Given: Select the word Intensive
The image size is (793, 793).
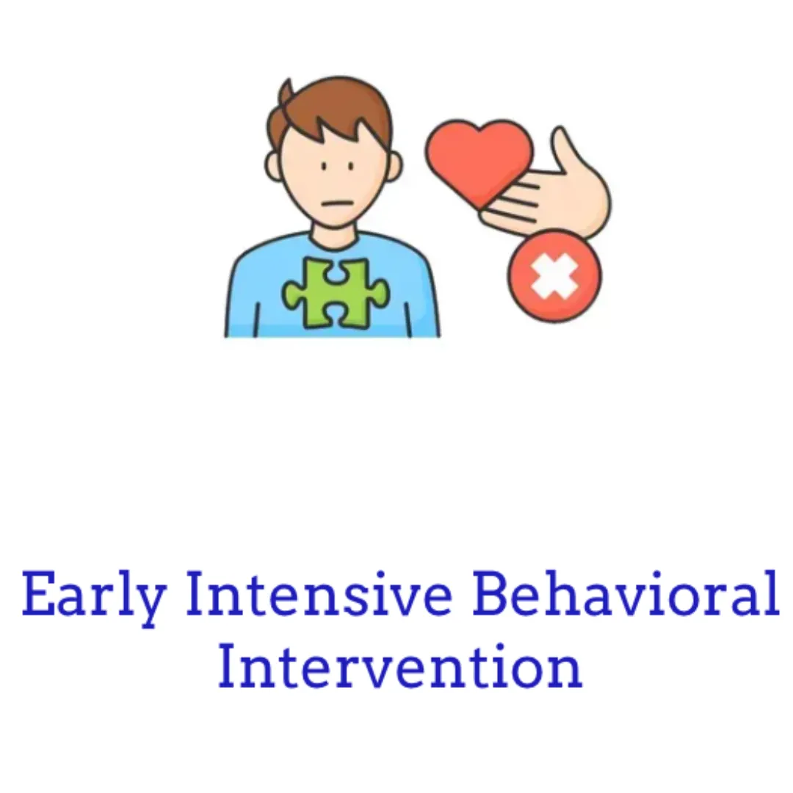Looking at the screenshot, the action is [x=319, y=593].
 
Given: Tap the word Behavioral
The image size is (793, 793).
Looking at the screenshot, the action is [x=626, y=593].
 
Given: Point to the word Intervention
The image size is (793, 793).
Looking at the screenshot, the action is [x=400, y=665].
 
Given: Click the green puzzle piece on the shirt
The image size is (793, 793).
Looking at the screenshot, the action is [x=336, y=292].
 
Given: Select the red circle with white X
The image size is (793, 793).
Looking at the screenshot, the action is [x=554, y=275].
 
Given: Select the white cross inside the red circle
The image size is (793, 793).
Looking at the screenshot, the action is [x=554, y=275].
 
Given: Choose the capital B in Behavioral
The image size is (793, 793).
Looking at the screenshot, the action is [x=490, y=593].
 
